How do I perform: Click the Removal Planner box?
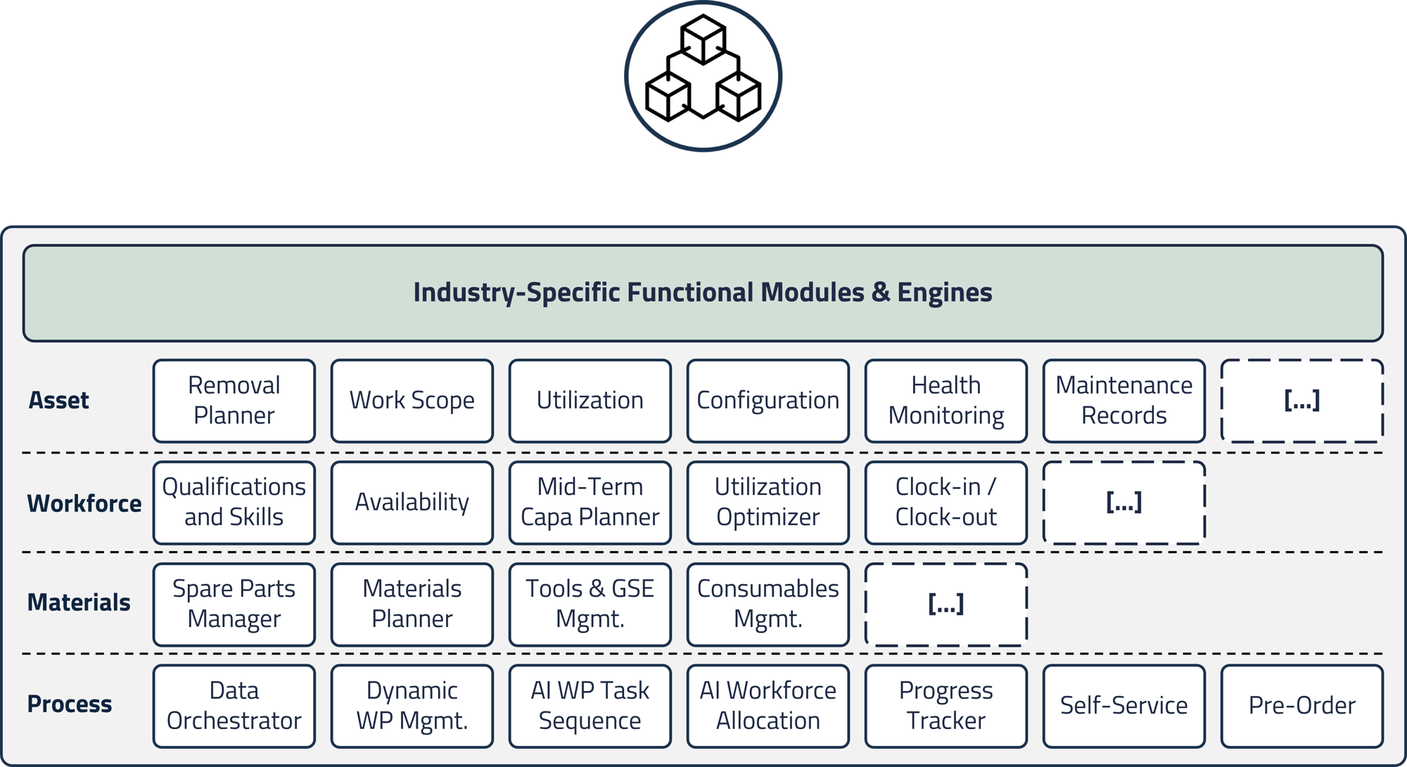(234, 401)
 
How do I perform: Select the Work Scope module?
(412, 401)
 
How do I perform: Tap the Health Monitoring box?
(946, 401)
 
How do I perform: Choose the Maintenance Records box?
(1123, 401)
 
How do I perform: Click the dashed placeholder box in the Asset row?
(1301, 401)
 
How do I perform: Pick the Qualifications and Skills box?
(234, 503)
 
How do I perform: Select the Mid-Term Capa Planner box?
(590, 503)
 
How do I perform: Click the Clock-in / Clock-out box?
(946, 503)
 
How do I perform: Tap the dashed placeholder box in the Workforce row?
(1123, 503)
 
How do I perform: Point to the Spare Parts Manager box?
(234, 605)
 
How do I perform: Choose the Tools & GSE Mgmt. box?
(590, 605)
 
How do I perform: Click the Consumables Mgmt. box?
(768, 605)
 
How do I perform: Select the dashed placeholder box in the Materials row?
(946, 605)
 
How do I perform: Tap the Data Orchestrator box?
(234, 706)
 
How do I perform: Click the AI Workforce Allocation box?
(768, 706)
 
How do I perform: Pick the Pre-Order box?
(1301, 706)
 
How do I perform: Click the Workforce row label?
(84, 503)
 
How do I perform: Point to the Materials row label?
(78, 602)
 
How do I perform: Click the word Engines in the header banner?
(944, 292)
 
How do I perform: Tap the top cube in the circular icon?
(703, 39)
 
